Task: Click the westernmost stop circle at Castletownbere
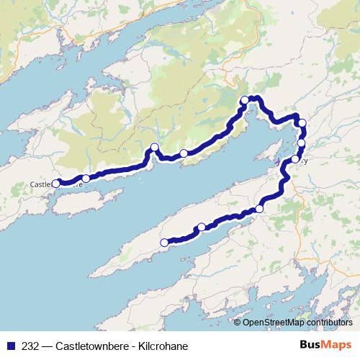point(56,184)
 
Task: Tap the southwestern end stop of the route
point(164,243)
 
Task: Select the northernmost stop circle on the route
point(245,100)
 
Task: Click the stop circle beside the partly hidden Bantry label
point(295,159)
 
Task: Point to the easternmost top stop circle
point(302,122)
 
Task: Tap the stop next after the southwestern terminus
point(202,228)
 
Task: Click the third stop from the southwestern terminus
point(259,209)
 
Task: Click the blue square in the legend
point(9,346)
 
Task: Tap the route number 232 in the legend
point(31,346)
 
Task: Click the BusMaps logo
point(326,345)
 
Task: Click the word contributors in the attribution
point(328,323)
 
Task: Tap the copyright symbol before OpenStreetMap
point(238,323)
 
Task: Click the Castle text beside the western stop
point(40,184)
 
